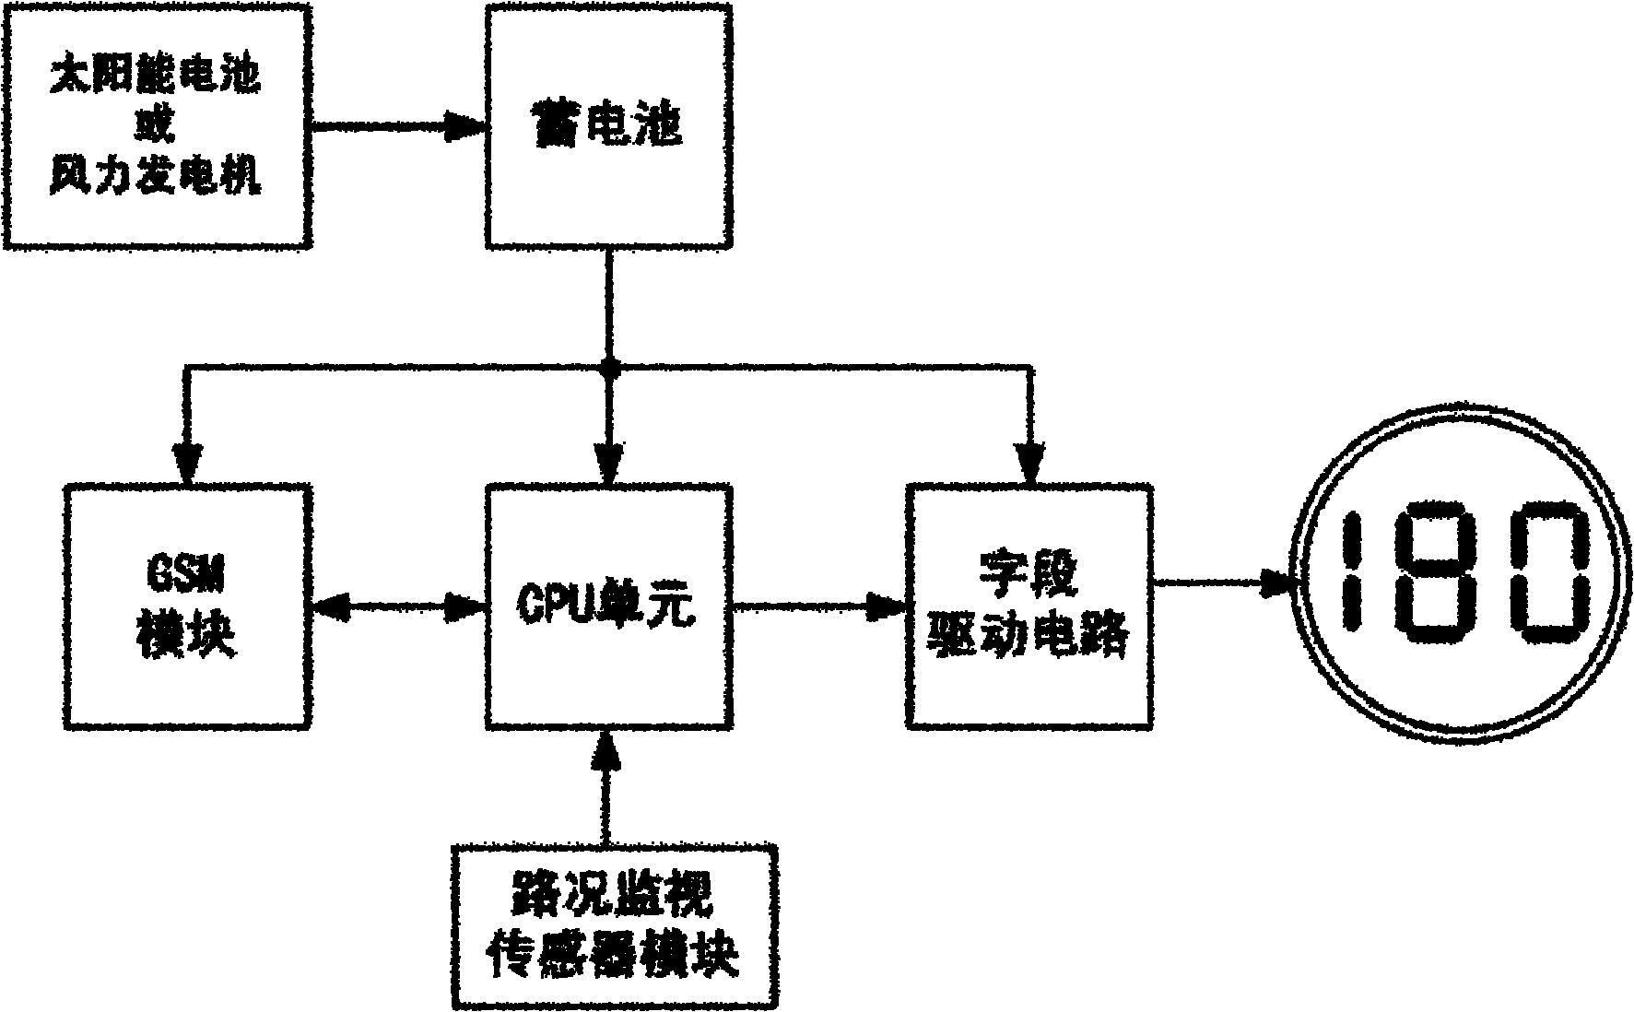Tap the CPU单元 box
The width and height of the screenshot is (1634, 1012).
click(x=608, y=606)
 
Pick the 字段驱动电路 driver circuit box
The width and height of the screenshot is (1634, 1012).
click(x=1029, y=606)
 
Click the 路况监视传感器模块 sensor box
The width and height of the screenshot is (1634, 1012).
click(x=614, y=924)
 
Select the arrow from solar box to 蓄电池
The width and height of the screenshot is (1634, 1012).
click(x=399, y=126)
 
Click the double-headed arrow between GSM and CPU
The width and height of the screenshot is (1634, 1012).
click(x=399, y=606)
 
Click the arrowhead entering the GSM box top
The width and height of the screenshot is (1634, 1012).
click(x=187, y=461)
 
